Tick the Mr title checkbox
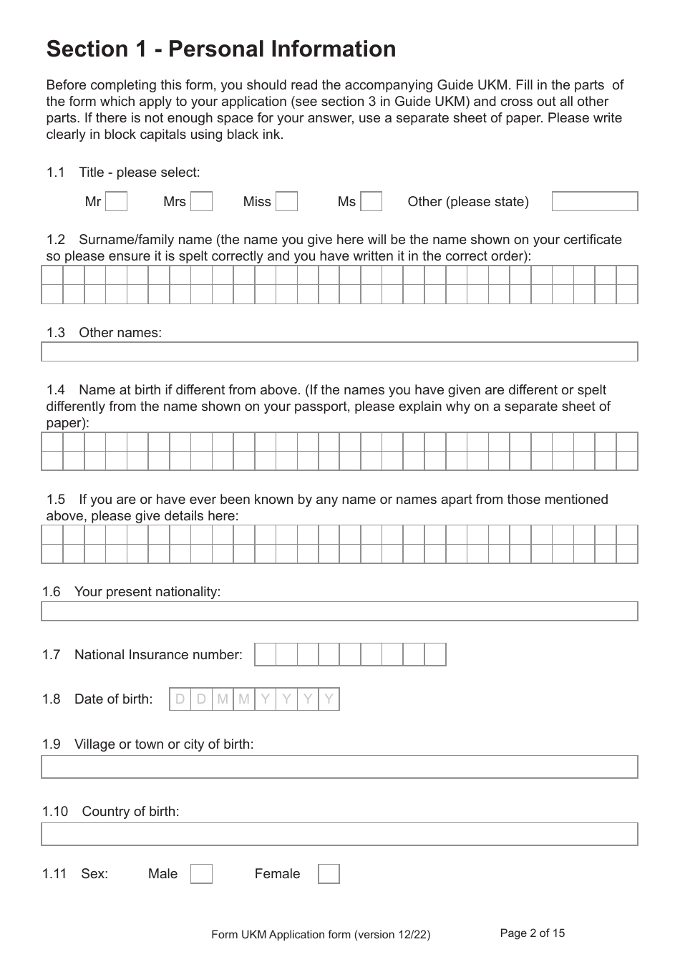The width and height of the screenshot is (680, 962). pos(116,202)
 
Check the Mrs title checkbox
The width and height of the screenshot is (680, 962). pos(202,202)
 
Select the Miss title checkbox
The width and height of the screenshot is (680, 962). pos(286,202)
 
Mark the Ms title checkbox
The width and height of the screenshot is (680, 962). pos(371,202)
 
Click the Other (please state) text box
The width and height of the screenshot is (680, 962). pos(594,202)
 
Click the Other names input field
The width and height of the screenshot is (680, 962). pos(339,351)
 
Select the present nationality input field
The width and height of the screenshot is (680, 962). pos(339,611)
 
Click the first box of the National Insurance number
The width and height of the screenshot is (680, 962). pos(265,654)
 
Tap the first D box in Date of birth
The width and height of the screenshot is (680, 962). pos(180,699)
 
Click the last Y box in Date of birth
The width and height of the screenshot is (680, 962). pos(329,699)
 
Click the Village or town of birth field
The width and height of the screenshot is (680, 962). pos(339,767)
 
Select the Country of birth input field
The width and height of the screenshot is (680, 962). pos(339,834)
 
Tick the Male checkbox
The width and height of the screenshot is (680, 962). pos(201,874)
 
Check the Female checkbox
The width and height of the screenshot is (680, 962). pos(329,874)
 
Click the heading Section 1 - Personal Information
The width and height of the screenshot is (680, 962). pos(221,49)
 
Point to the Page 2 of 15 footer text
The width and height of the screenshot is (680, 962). pos(532,933)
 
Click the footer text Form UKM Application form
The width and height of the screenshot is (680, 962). pos(321,934)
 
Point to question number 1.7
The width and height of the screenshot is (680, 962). pos(51,654)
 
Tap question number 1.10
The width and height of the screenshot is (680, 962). pos(54,811)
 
